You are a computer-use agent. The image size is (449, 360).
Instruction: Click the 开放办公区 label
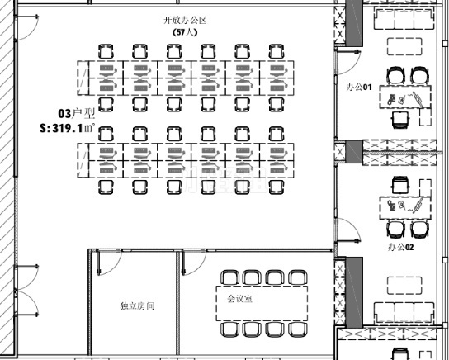click(x=185, y=21)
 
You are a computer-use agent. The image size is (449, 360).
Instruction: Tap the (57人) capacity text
click(x=185, y=32)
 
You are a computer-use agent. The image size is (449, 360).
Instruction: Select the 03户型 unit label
click(x=76, y=113)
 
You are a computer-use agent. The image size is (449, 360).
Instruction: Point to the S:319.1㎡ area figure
click(x=68, y=128)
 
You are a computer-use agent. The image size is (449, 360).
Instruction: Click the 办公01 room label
click(x=359, y=87)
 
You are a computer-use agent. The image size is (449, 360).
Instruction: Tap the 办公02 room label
click(x=400, y=247)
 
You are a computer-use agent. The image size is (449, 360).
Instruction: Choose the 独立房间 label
click(x=138, y=306)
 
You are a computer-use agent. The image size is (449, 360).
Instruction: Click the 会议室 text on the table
click(x=239, y=299)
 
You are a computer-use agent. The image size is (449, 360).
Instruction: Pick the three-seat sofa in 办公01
click(x=404, y=19)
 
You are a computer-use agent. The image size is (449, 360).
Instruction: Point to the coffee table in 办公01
click(x=404, y=46)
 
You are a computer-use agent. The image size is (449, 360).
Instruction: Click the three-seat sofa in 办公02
click(x=404, y=313)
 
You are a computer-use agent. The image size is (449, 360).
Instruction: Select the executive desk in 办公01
click(x=405, y=97)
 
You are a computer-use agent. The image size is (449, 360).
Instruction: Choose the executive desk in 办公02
click(x=405, y=208)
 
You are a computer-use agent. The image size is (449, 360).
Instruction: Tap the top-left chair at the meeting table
click(x=230, y=277)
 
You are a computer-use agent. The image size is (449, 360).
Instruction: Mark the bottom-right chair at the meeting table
click(x=298, y=329)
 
